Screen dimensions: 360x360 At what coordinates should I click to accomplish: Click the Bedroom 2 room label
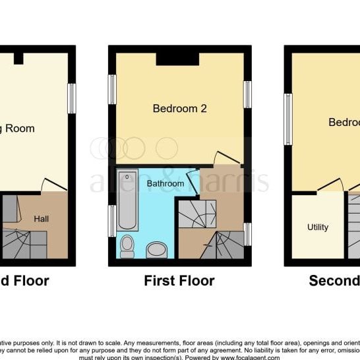tap(179, 109)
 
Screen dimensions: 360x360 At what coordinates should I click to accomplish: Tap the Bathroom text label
tap(165, 183)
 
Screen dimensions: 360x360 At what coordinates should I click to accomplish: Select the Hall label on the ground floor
tap(41, 218)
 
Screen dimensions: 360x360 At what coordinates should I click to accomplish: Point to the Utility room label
tap(317, 227)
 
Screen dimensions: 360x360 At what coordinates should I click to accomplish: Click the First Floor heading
tap(179, 281)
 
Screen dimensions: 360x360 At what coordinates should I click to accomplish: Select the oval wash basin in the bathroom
tap(156, 249)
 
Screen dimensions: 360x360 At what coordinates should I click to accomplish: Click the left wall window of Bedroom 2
tap(112, 90)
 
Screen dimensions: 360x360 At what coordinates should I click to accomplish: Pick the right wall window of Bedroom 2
tap(247, 94)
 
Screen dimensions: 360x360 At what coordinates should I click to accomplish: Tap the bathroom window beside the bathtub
tap(112, 220)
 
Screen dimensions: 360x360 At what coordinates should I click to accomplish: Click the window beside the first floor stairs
tap(247, 234)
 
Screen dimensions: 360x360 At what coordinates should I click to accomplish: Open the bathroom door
tap(193, 180)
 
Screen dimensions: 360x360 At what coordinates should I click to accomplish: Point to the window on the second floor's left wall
tap(287, 119)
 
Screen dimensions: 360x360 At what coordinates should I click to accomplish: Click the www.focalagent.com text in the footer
tap(249, 357)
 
